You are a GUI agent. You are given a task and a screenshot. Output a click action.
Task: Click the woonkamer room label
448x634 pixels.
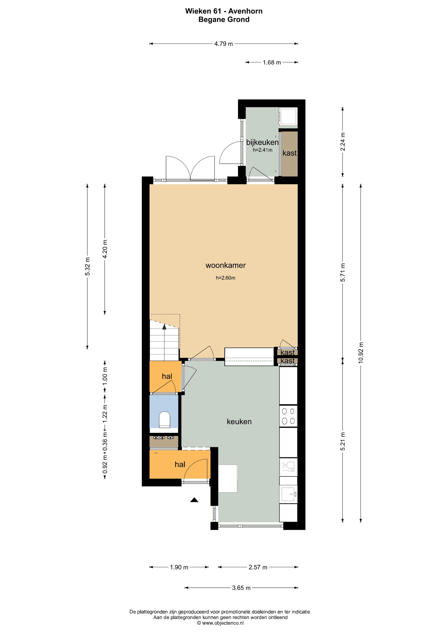tap(225, 265)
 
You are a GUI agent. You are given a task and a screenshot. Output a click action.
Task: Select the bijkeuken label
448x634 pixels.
tap(262, 142)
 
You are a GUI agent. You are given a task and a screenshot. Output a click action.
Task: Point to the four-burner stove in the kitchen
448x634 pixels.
tap(288, 416)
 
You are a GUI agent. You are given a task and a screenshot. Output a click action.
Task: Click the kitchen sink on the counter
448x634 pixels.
tap(288, 494)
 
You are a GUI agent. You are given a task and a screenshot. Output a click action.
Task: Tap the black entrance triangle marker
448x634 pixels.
tap(194, 500)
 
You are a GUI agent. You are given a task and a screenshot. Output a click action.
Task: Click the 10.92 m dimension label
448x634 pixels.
tap(361, 353)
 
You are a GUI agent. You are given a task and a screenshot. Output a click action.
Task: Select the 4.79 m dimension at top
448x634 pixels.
tap(224, 44)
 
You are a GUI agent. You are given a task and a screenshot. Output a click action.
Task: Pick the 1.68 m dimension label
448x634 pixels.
tap(272, 62)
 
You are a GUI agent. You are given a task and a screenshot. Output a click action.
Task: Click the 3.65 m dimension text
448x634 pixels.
tap(241, 588)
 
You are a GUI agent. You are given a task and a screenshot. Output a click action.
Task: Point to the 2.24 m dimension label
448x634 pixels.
tap(343, 142)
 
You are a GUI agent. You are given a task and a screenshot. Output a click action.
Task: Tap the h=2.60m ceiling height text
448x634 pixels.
tap(225, 278)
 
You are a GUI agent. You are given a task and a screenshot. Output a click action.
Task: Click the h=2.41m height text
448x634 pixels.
tap(263, 150)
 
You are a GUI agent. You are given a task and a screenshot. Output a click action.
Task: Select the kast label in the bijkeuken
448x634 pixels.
tap(290, 153)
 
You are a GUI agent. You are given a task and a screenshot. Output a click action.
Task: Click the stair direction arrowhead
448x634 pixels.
tap(164, 327)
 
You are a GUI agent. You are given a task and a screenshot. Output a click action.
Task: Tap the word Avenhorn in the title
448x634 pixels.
tap(245, 11)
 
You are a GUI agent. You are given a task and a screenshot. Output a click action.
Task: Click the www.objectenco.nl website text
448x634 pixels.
tap(223, 623)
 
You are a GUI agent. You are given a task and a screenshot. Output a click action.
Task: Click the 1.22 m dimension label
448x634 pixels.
tap(105, 413)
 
